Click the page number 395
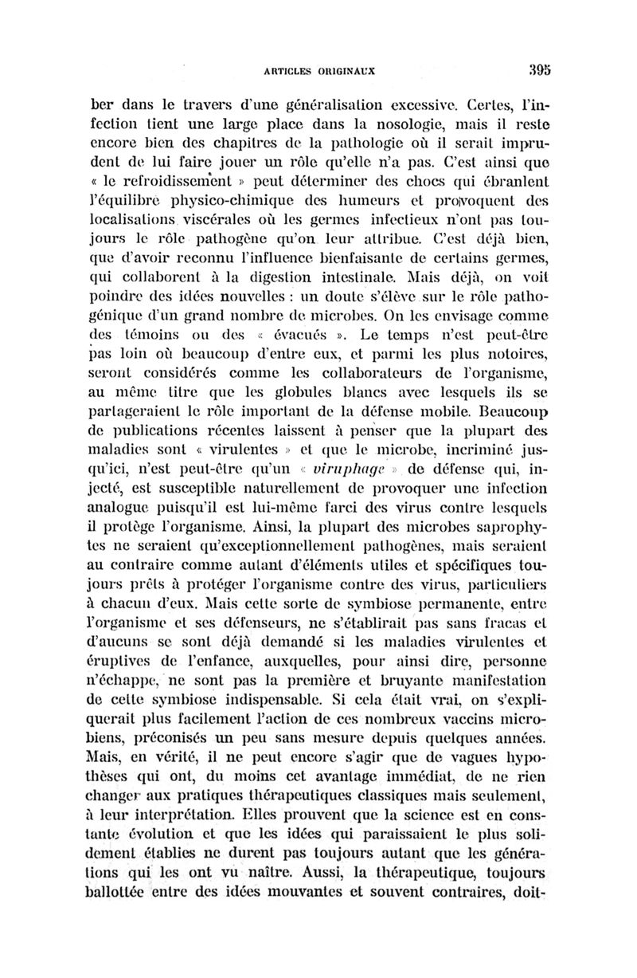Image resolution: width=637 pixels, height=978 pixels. click(538, 69)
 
